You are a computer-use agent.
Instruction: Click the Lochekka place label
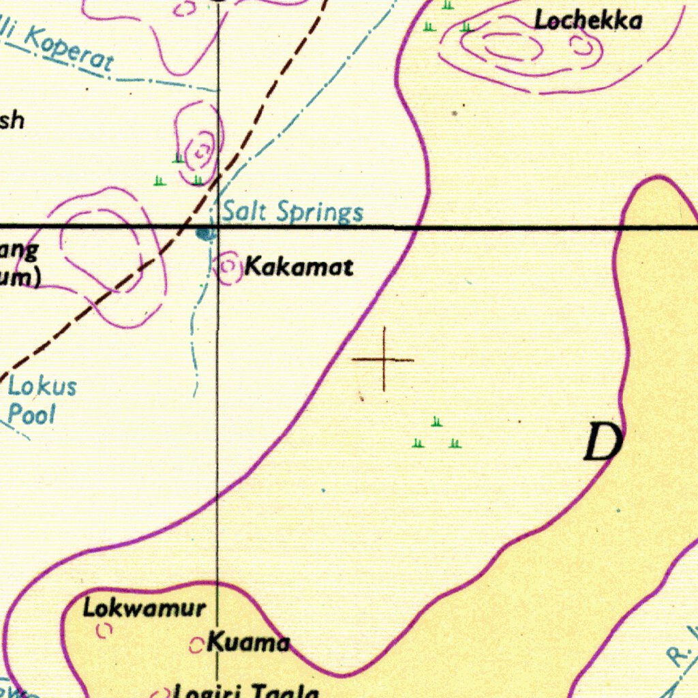[x=588, y=21]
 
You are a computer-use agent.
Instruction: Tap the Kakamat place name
[x=299, y=267]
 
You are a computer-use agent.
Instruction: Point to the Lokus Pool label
[x=41, y=400]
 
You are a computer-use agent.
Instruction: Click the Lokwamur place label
[x=143, y=607]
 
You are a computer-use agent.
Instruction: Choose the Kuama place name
[x=248, y=642]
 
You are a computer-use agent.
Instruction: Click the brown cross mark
[x=384, y=359]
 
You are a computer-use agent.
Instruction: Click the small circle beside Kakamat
[x=229, y=267]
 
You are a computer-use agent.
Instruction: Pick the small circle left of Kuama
[x=196, y=645]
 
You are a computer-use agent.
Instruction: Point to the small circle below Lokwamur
[x=104, y=632]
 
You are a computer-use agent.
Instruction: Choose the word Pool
[x=31, y=414]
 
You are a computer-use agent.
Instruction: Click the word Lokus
[x=42, y=386]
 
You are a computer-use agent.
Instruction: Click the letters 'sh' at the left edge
[x=12, y=120]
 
